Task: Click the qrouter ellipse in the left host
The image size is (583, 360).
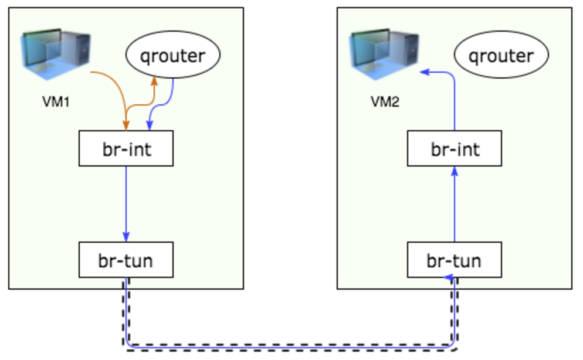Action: [x=172, y=56]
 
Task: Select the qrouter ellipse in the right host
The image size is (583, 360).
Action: [x=501, y=56]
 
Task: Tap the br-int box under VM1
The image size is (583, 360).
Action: [x=126, y=149]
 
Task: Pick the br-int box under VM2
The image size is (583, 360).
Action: [x=455, y=149]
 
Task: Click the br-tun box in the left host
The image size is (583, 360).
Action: [x=126, y=260]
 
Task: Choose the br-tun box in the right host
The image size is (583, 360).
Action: [x=455, y=260]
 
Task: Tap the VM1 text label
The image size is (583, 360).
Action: [x=56, y=102]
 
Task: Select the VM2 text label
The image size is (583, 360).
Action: [x=385, y=102]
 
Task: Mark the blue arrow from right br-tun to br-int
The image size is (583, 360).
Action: [x=455, y=205]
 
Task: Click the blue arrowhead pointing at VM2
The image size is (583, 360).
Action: [x=425, y=72]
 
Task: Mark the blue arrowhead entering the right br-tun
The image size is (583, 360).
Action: [x=448, y=277]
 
